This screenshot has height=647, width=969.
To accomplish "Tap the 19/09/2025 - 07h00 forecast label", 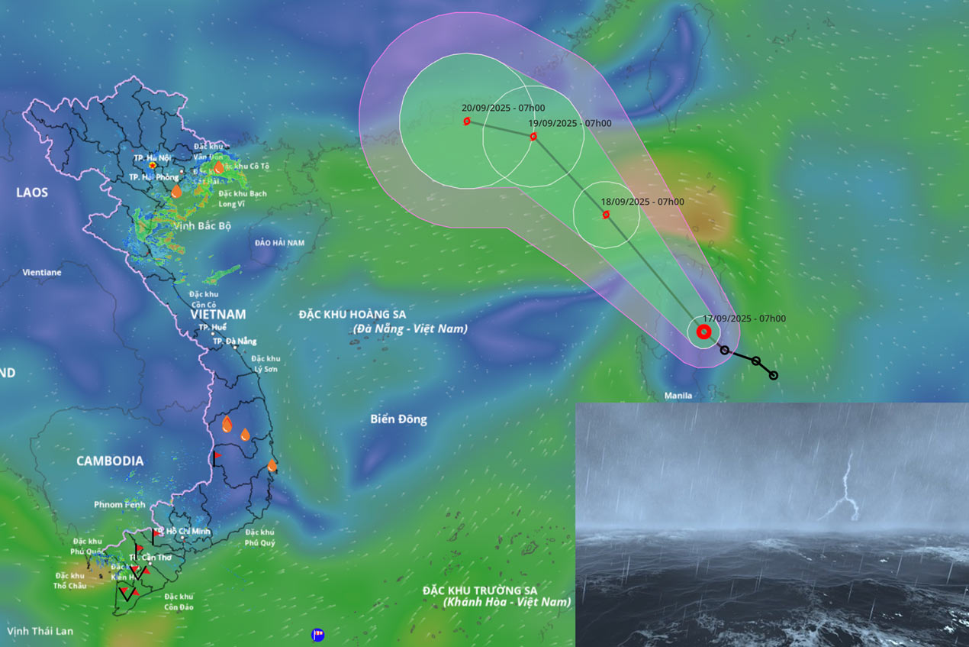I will click(570, 123).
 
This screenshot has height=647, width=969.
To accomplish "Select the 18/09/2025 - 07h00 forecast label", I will click(642, 202).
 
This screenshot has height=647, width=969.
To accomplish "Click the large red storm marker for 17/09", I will click(703, 332).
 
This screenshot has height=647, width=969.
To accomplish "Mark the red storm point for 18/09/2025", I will click(606, 215).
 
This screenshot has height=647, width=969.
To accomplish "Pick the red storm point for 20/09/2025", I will click(466, 121).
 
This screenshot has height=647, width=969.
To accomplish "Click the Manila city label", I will click(678, 396).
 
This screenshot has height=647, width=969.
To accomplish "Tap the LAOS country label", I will click(32, 192).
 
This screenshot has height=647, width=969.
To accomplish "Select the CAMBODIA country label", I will click(110, 461).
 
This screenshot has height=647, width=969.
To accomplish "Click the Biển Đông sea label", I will click(398, 419).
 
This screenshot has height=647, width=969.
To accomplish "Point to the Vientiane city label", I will click(42, 272).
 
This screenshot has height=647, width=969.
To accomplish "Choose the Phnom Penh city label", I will click(119, 505).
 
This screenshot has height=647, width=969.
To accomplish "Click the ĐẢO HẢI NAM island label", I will click(279, 243).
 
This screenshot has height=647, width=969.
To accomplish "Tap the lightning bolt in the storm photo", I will click(842, 489).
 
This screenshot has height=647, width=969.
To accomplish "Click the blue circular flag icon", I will click(318, 635).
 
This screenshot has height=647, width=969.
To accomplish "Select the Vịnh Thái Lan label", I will click(40, 631).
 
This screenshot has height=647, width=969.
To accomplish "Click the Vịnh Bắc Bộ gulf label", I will click(202, 226).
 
